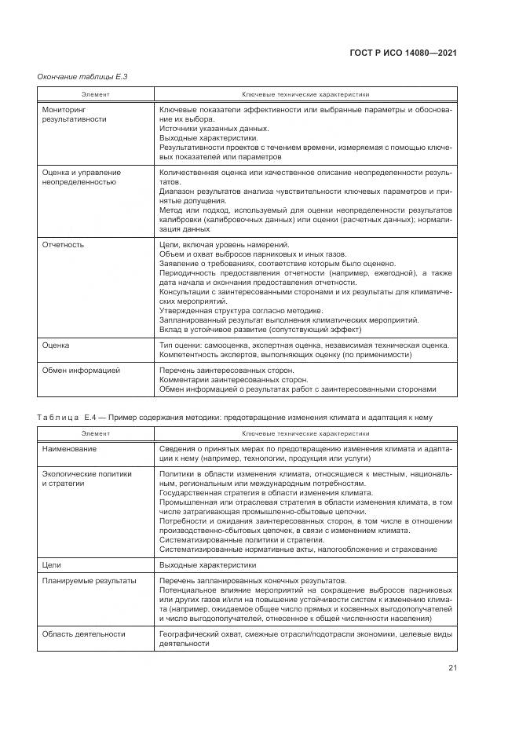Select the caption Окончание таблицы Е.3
pos(82,76)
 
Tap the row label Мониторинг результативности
pos(74,115)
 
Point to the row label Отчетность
pos(63,245)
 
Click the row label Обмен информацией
pos(81,369)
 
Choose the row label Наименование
pos(70,448)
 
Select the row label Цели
pos(50,564)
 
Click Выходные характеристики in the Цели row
pos(207,564)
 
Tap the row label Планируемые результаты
pos(89,581)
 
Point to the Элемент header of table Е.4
pos(96,433)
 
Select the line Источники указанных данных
pos(214,128)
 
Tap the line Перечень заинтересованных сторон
pos(226,369)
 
